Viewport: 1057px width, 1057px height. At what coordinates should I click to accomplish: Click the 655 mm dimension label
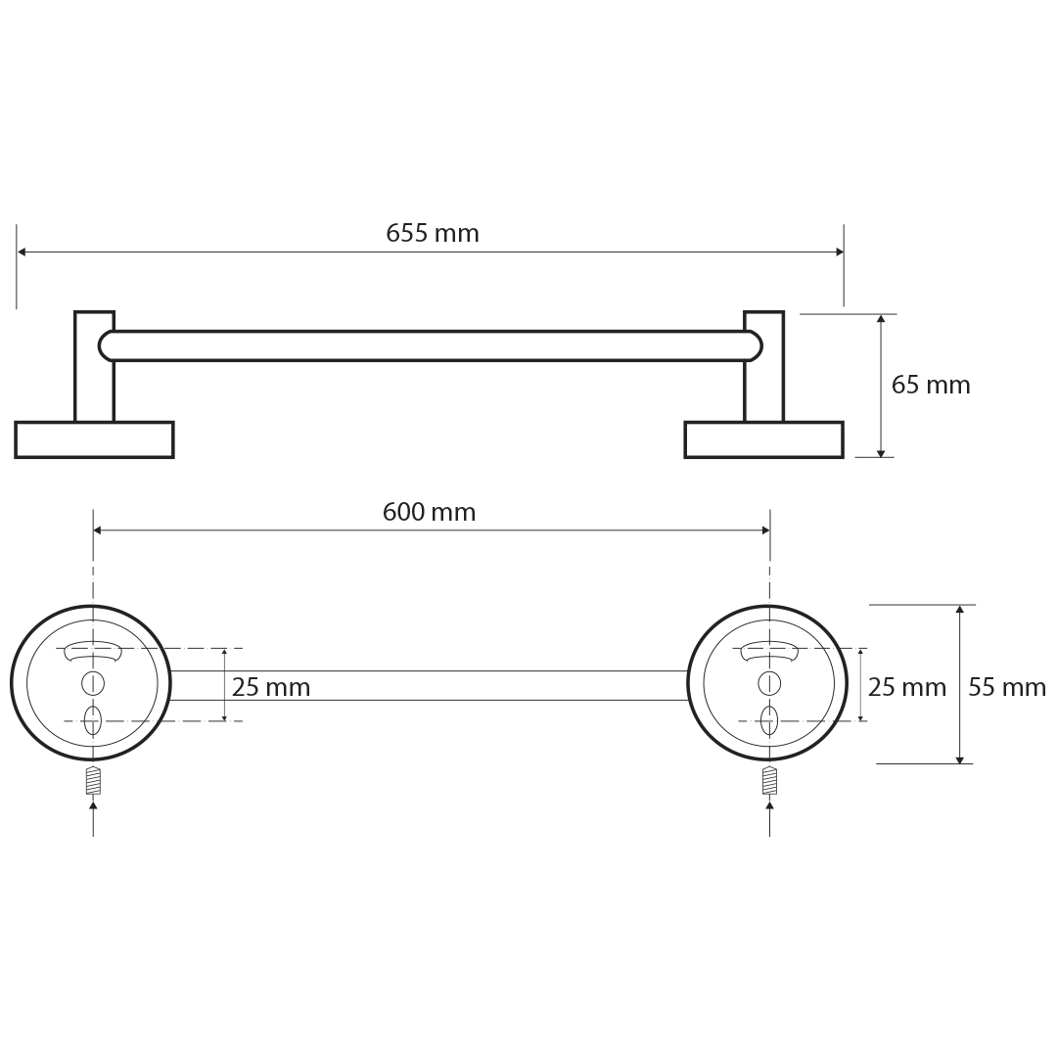coord(433,233)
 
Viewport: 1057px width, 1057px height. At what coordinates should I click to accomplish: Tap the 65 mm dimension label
coord(931,385)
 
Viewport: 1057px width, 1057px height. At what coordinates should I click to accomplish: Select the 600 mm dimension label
coord(429,512)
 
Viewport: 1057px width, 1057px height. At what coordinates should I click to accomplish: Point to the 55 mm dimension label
coord(1007,688)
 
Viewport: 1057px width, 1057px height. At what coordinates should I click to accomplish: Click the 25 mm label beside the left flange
coord(271,688)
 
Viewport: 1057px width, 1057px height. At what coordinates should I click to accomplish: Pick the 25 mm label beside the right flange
coord(906,688)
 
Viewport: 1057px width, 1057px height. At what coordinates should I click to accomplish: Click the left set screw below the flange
coord(93,781)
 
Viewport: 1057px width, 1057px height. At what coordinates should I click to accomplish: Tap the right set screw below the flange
coord(770,781)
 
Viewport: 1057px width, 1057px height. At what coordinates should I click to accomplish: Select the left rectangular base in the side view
coord(94,440)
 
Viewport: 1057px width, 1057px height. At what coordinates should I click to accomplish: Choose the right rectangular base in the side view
coord(763,440)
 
